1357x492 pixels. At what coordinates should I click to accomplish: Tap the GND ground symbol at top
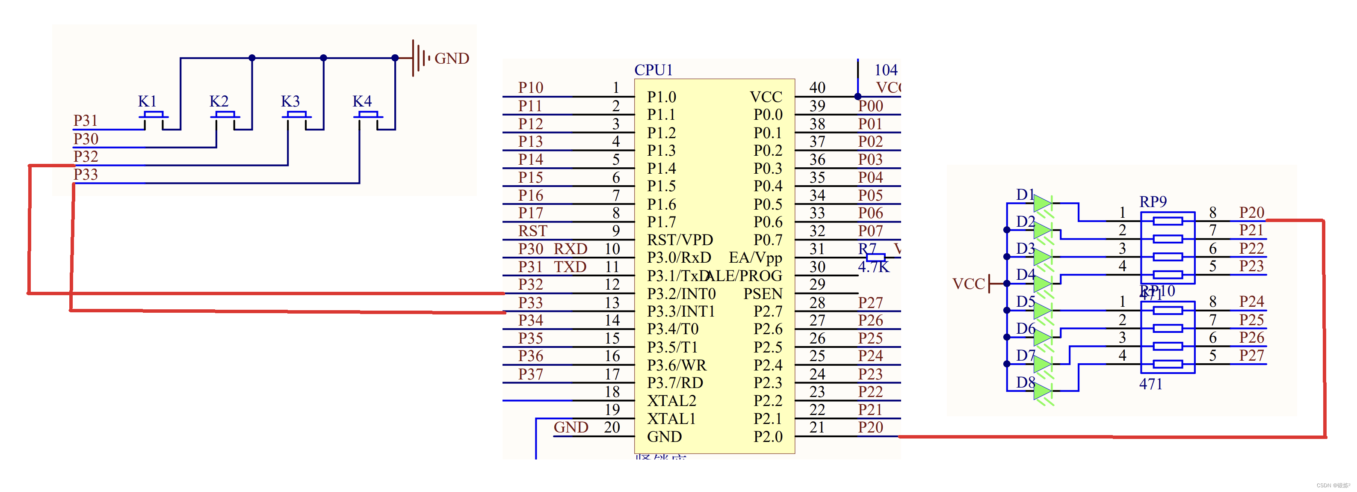click(x=419, y=58)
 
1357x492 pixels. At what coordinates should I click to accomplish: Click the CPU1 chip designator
click(x=653, y=70)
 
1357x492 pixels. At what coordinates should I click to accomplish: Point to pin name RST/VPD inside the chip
click(x=680, y=240)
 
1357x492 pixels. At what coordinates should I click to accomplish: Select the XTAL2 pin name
click(x=671, y=401)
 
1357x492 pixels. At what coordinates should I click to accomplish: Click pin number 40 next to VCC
click(x=817, y=87)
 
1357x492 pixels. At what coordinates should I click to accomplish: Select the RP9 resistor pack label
click(x=1153, y=202)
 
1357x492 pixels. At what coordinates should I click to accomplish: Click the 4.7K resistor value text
click(x=873, y=267)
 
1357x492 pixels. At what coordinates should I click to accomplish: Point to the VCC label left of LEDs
click(x=968, y=284)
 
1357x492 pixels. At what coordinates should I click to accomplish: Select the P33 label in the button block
click(x=86, y=175)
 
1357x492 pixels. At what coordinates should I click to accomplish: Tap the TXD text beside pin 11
click(x=570, y=267)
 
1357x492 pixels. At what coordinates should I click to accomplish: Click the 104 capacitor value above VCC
click(x=886, y=70)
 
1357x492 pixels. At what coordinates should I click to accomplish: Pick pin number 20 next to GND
click(x=612, y=427)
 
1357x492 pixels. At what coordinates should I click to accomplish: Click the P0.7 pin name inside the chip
click(x=768, y=240)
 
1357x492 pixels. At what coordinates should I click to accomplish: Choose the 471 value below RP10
click(x=1150, y=385)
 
